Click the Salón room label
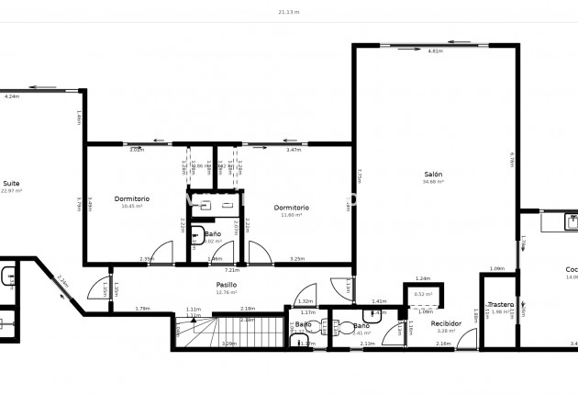[433, 174]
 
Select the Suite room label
[11, 183]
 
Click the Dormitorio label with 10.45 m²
[132, 198]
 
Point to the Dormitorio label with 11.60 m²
[291, 208]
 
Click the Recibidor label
[447, 323]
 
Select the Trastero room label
[500, 304]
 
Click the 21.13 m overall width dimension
[289, 13]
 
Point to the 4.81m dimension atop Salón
[435, 51]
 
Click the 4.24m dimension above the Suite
[12, 96]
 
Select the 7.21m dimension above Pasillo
[232, 270]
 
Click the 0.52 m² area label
[423, 294]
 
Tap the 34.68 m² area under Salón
[433, 182]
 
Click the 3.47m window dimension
[294, 150]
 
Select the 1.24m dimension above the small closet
[423, 278]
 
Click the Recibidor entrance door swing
[468, 340]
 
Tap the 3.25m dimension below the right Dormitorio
[297, 259]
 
